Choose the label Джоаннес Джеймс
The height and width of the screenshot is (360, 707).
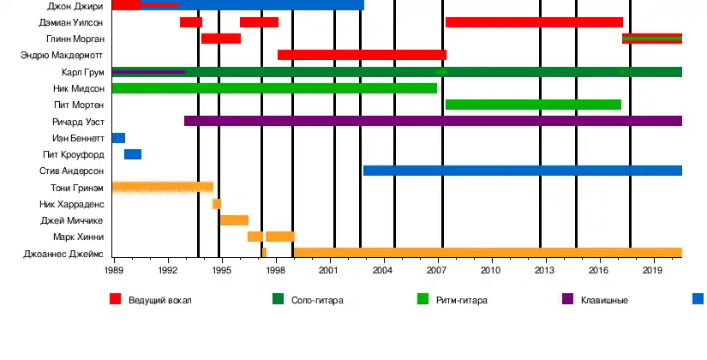pyautogui.click(x=65, y=254)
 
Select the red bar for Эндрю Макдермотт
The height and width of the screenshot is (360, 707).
pyautogui.click(x=362, y=55)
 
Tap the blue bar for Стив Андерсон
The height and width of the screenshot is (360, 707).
pyautogui.click(x=522, y=171)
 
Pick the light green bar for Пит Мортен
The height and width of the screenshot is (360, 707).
pyautogui.click(x=533, y=105)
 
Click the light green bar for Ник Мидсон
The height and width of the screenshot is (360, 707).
pyautogui.click(x=274, y=88)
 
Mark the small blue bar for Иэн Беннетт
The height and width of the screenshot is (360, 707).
pyautogui.click(x=118, y=138)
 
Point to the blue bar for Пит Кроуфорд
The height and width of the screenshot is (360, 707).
pyautogui.click(x=133, y=154)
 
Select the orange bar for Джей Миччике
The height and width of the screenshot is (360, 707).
pyautogui.click(x=234, y=220)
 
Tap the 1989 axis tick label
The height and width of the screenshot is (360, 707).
pyautogui.click(x=113, y=270)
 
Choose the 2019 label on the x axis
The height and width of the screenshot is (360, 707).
pyautogui.click(x=654, y=270)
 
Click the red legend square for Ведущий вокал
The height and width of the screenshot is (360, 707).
pyautogui.click(x=116, y=299)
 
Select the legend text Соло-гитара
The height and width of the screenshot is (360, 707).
pyautogui.click(x=317, y=300)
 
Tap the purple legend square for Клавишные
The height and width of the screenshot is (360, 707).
pyautogui.click(x=568, y=299)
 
